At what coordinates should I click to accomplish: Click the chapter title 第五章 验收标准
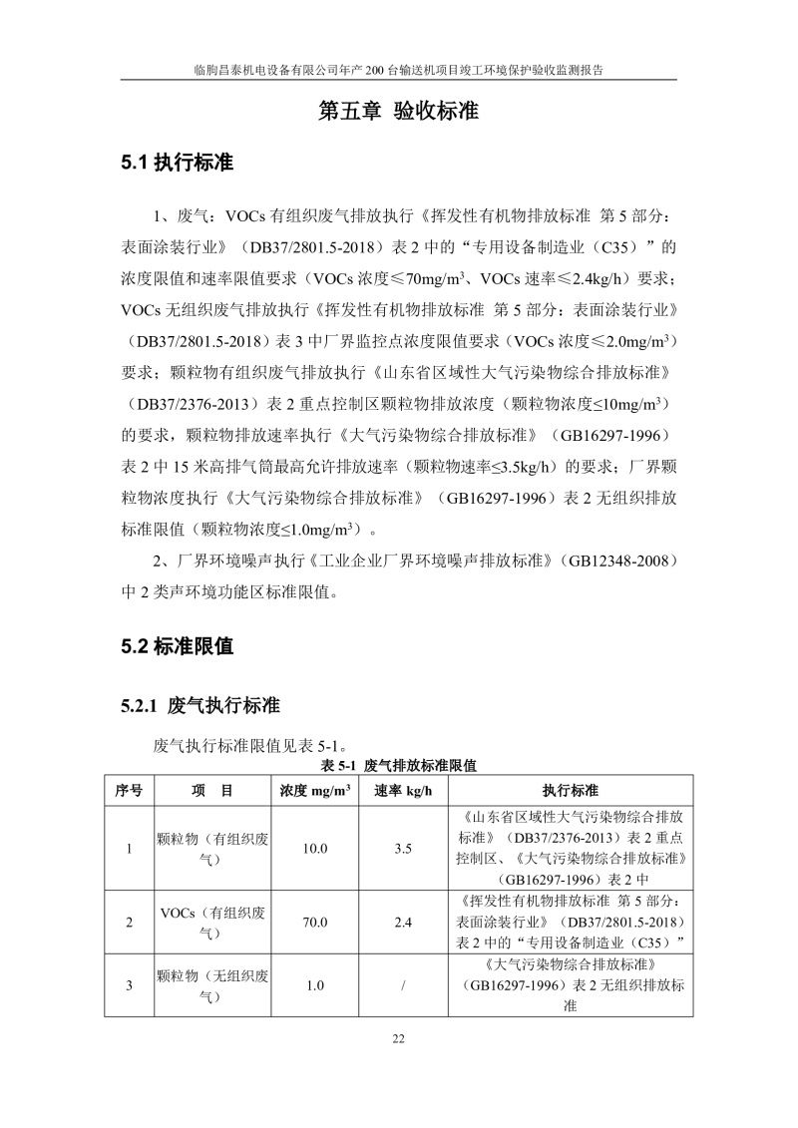point(398,111)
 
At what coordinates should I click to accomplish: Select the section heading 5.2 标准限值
point(177,646)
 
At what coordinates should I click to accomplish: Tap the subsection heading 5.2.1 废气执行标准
point(199,706)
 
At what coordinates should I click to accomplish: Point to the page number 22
point(398,1039)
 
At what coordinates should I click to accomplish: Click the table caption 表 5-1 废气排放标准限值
point(398,766)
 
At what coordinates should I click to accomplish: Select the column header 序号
point(129,791)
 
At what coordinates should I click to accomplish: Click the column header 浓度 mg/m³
point(315,791)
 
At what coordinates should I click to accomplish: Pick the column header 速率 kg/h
point(403,791)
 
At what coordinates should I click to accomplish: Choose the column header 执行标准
point(571,791)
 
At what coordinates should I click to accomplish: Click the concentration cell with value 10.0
point(315,849)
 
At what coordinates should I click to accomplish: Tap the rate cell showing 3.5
point(403,849)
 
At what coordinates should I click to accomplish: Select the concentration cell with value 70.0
point(315,923)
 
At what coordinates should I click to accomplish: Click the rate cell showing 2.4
point(403,923)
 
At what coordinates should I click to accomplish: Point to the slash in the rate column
point(403,986)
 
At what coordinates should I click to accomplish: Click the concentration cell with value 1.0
point(315,986)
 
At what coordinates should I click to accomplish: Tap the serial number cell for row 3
point(129,986)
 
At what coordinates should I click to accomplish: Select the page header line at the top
point(398,71)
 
